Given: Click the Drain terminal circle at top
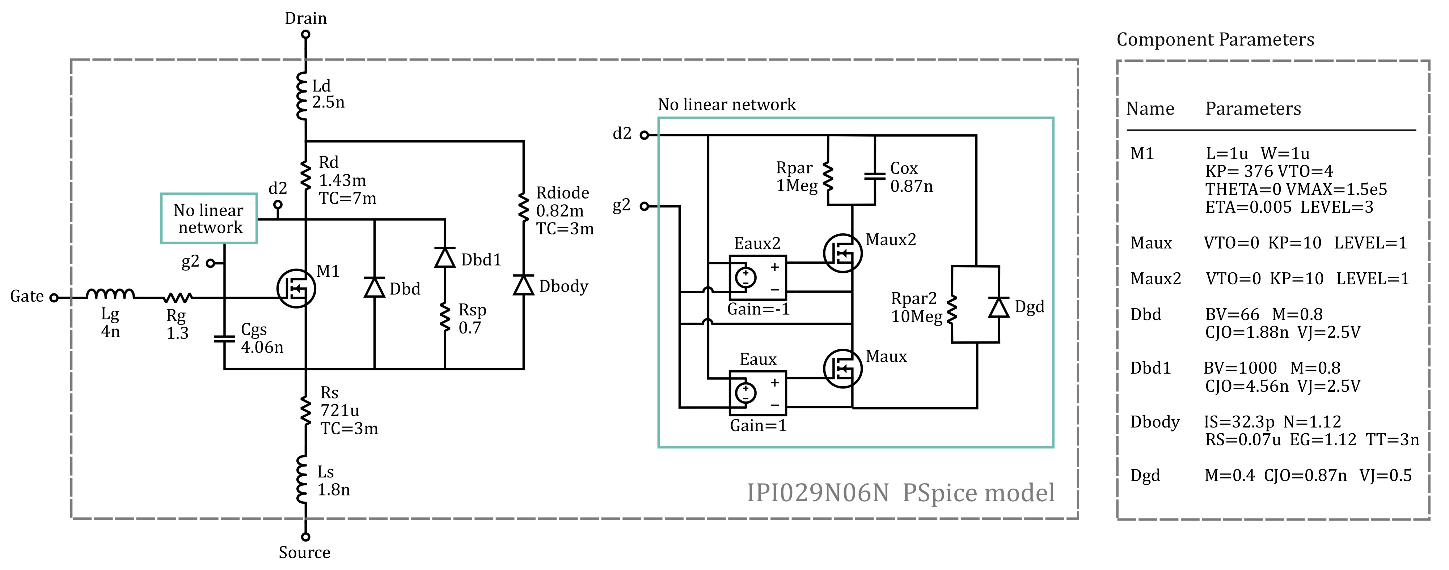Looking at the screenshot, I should coord(305,34).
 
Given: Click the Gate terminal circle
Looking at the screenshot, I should coord(54,297).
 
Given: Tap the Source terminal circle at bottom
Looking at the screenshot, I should coord(305,537).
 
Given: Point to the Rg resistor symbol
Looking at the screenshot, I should coord(178,297).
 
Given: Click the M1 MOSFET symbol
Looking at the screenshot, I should coord(296,288).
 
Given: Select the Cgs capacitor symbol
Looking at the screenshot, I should coord(224,339).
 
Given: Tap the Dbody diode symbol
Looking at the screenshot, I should coord(524,285).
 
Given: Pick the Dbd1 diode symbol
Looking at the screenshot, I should coord(445,258).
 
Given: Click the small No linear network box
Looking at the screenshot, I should coord(209,219).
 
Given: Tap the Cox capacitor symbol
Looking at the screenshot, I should coord(875,176).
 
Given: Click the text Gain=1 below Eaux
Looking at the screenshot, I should coord(758,426).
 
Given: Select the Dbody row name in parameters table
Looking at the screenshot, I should coord(1154,422).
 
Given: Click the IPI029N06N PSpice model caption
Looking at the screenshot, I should coord(900,493).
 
